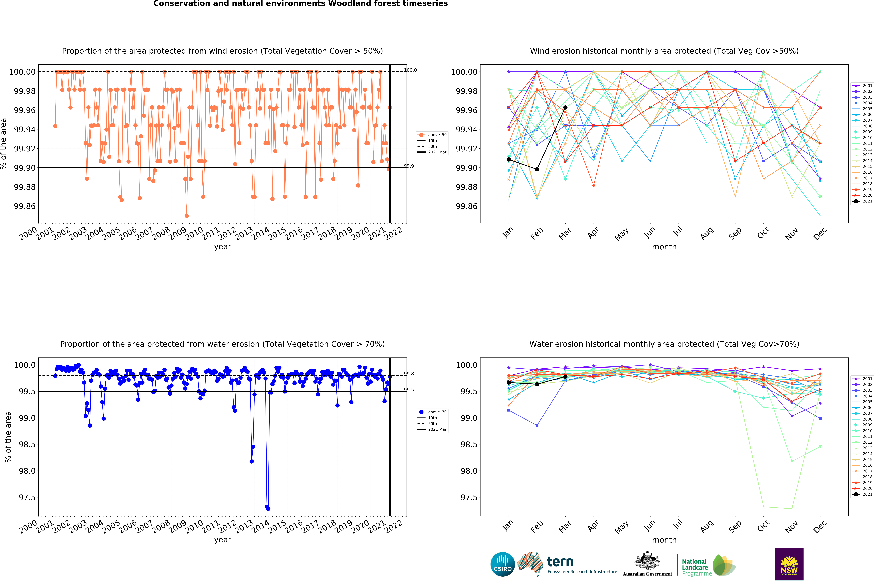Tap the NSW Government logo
click(x=789, y=564)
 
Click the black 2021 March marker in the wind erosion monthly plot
click(x=565, y=107)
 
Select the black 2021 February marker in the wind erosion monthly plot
click(x=537, y=169)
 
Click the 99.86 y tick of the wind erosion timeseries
click(x=25, y=206)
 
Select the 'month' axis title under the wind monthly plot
click(x=664, y=247)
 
